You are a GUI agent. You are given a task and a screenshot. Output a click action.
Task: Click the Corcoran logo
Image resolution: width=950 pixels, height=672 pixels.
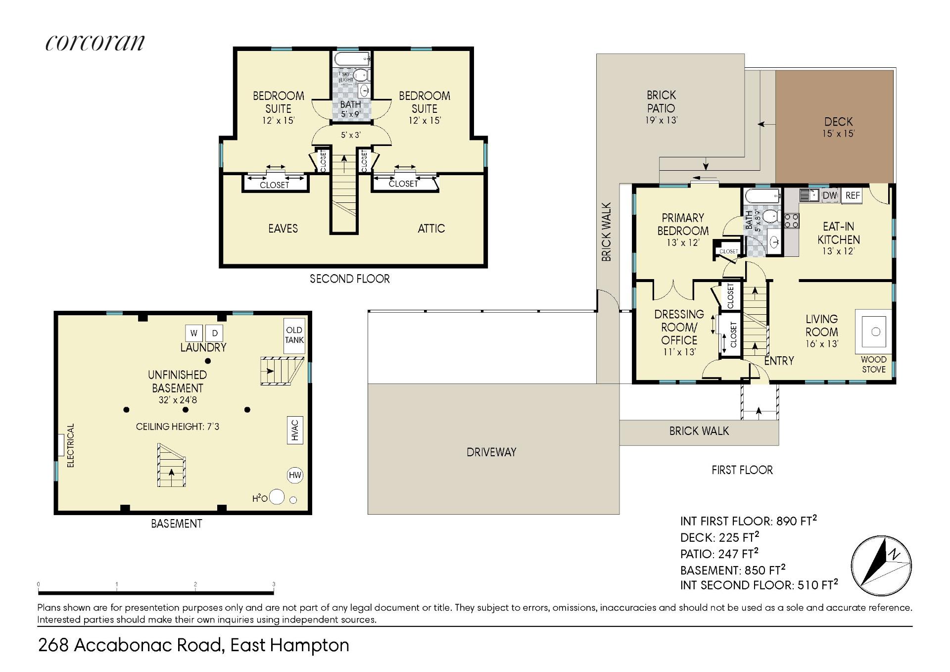click(x=95, y=43)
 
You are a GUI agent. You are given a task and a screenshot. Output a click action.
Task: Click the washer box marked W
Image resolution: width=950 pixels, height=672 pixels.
click(x=193, y=333)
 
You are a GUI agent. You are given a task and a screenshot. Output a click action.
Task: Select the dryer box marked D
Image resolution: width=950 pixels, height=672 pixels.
click(x=215, y=333)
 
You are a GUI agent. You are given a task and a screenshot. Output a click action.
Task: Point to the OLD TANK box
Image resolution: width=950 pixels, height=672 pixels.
click(x=294, y=335)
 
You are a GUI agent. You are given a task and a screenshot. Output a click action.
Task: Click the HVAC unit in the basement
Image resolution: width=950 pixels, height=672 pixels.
click(x=295, y=430)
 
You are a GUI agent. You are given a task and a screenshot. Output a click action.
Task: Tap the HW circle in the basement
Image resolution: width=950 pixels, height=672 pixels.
click(x=295, y=476)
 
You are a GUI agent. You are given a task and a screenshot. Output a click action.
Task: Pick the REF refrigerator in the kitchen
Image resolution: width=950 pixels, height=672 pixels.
click(x=853, y=195)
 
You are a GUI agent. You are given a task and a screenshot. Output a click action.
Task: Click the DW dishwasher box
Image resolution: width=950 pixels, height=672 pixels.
click(x=830, y=195)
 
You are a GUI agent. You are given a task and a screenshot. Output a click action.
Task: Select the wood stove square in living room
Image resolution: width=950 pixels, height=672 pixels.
click(x=875, y=331)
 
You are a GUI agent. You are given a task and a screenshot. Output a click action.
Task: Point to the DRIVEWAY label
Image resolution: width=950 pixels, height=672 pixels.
click(x=491, y=452)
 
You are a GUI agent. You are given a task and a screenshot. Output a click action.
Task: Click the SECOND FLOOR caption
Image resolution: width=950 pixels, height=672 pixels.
click(x=350, y=279)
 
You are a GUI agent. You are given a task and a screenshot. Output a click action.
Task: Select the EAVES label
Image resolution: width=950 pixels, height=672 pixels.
click(x=283, y=229)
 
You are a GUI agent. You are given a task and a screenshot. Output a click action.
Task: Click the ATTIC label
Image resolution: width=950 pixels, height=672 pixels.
click(x=431, y=229)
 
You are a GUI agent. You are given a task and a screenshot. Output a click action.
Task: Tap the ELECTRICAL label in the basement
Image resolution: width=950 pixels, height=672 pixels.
click(x=71, y=445)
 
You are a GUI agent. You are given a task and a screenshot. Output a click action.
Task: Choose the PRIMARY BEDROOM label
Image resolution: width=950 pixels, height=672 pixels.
click(x=683, y=225)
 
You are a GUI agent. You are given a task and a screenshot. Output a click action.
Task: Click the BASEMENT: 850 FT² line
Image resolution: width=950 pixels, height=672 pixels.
click(x=733, y=570)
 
